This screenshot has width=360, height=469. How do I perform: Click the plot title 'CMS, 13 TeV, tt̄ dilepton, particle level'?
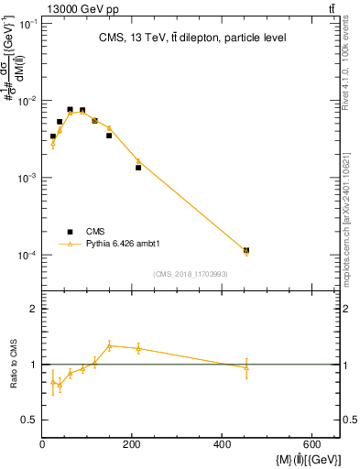pos(191,38)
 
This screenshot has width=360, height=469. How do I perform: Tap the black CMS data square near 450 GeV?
pos(246,250)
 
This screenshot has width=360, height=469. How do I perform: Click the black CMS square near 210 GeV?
pos(138,168)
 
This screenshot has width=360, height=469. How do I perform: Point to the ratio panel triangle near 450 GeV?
pos(246,367)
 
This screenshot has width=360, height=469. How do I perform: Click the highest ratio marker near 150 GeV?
pos(109,345)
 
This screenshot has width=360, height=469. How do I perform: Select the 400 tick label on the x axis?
pos(224,445)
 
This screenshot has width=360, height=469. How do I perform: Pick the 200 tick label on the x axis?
pos(134,445)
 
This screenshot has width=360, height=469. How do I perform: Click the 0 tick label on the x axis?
pos(44,445)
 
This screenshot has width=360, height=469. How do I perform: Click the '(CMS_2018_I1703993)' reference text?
pos(191,274)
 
